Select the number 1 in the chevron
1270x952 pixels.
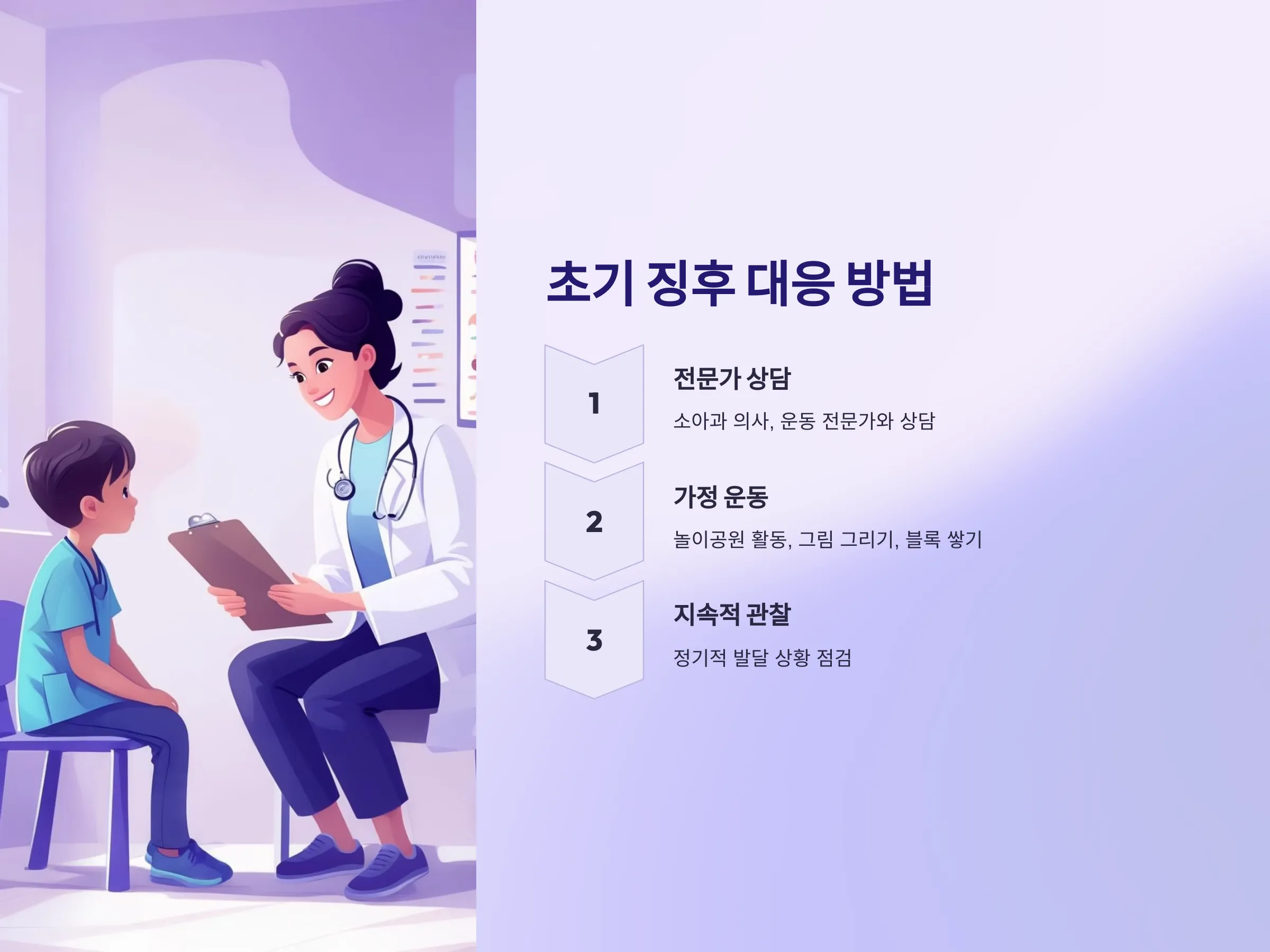tap(594, 403)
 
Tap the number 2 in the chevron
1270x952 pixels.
tap(594, 521)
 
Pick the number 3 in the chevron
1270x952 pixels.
tap(594, 640)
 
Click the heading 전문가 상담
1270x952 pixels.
tap(732, 378)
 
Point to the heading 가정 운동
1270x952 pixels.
tap(721, 497)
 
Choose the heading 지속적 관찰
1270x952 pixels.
tap(732, 615)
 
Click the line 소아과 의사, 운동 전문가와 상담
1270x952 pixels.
tap(804, 420)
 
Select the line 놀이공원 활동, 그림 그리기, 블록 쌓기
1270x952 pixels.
tap(827, 539)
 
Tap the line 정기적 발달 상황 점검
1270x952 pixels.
tap(762, 657)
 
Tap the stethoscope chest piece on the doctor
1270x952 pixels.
tap(343, 488)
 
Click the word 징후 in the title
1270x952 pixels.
tap(691, 283)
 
